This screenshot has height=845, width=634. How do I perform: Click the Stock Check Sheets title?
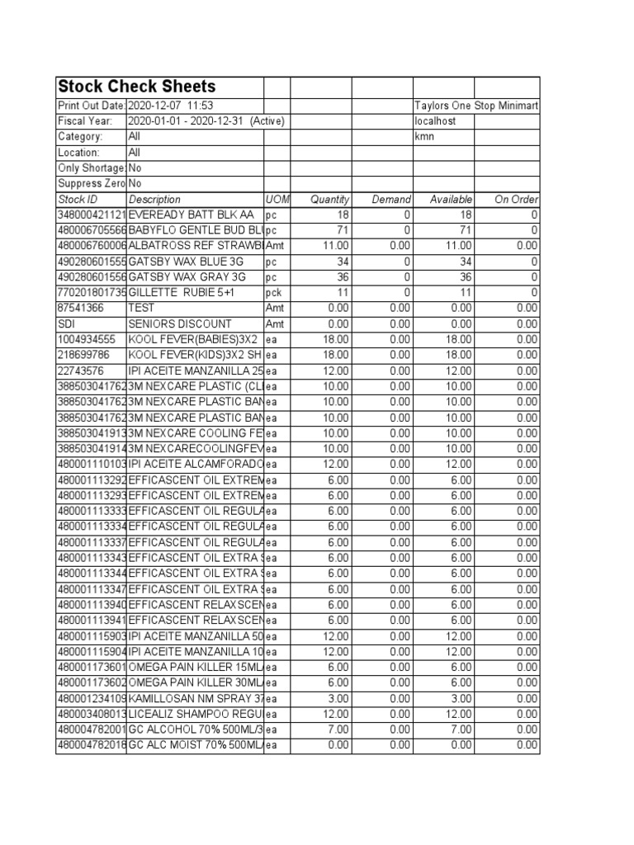coord(136,87)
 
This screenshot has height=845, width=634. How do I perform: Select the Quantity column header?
coord(329,200)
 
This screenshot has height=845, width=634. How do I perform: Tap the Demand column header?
coord(390,200)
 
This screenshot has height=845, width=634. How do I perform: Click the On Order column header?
coord(516,200)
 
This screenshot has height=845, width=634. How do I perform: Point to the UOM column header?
coord(277,200)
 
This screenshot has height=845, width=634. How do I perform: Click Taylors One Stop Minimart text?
coord(476,106)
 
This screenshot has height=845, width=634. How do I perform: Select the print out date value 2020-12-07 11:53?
coord(171,106)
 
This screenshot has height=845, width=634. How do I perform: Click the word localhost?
coord(434,121)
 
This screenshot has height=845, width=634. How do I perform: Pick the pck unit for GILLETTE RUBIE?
coord(274,293)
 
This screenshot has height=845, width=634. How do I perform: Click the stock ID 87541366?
coord(80,308)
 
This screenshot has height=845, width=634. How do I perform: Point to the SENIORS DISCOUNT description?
coord(180,323)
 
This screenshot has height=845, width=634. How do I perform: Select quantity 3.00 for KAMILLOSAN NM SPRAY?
coord(338,698)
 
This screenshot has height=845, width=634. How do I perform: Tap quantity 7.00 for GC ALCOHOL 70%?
coord(338,729)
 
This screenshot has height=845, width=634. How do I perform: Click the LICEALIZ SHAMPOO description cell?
coord(195,714)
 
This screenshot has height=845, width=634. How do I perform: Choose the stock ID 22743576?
coord(80,371)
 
